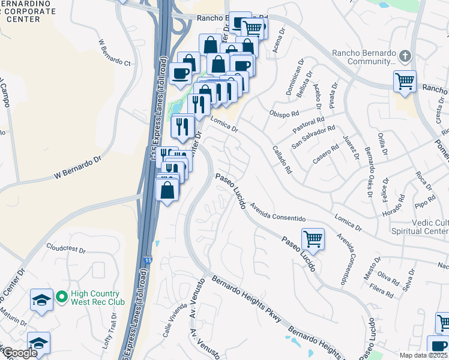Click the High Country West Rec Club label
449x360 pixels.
pyautogui.click(x=98, y=298)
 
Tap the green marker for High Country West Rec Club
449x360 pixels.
pyautogui.click(x=61, y=297)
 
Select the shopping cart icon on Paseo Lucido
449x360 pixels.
pyautogui.click(x=313, y=239)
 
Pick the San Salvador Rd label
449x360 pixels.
pyautogui.click(x=313, y=137)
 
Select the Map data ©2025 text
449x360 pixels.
pyautogui.click(x=423, y=355)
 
